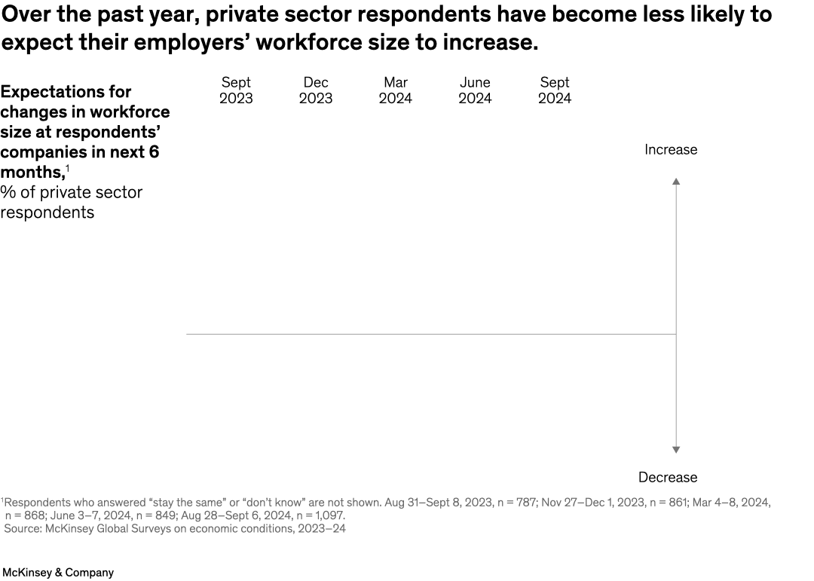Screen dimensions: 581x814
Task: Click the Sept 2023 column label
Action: point(236,90)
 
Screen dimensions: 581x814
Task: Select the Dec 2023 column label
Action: point(315,90)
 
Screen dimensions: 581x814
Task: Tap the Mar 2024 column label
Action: point(395,90)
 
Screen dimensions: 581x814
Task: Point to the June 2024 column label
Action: point(475,90)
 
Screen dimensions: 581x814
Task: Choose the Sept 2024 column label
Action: point(555,90)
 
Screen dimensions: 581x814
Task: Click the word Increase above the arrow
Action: point(671,150)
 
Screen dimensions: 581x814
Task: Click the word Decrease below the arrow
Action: point(668,477)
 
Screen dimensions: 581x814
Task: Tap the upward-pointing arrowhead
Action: point(676,182)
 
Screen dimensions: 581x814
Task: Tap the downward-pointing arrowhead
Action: point(676,450)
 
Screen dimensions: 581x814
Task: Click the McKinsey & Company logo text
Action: point(58,573)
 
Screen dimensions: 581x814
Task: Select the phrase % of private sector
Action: point(72,193)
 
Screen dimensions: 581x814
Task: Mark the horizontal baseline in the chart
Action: point(430,334)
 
